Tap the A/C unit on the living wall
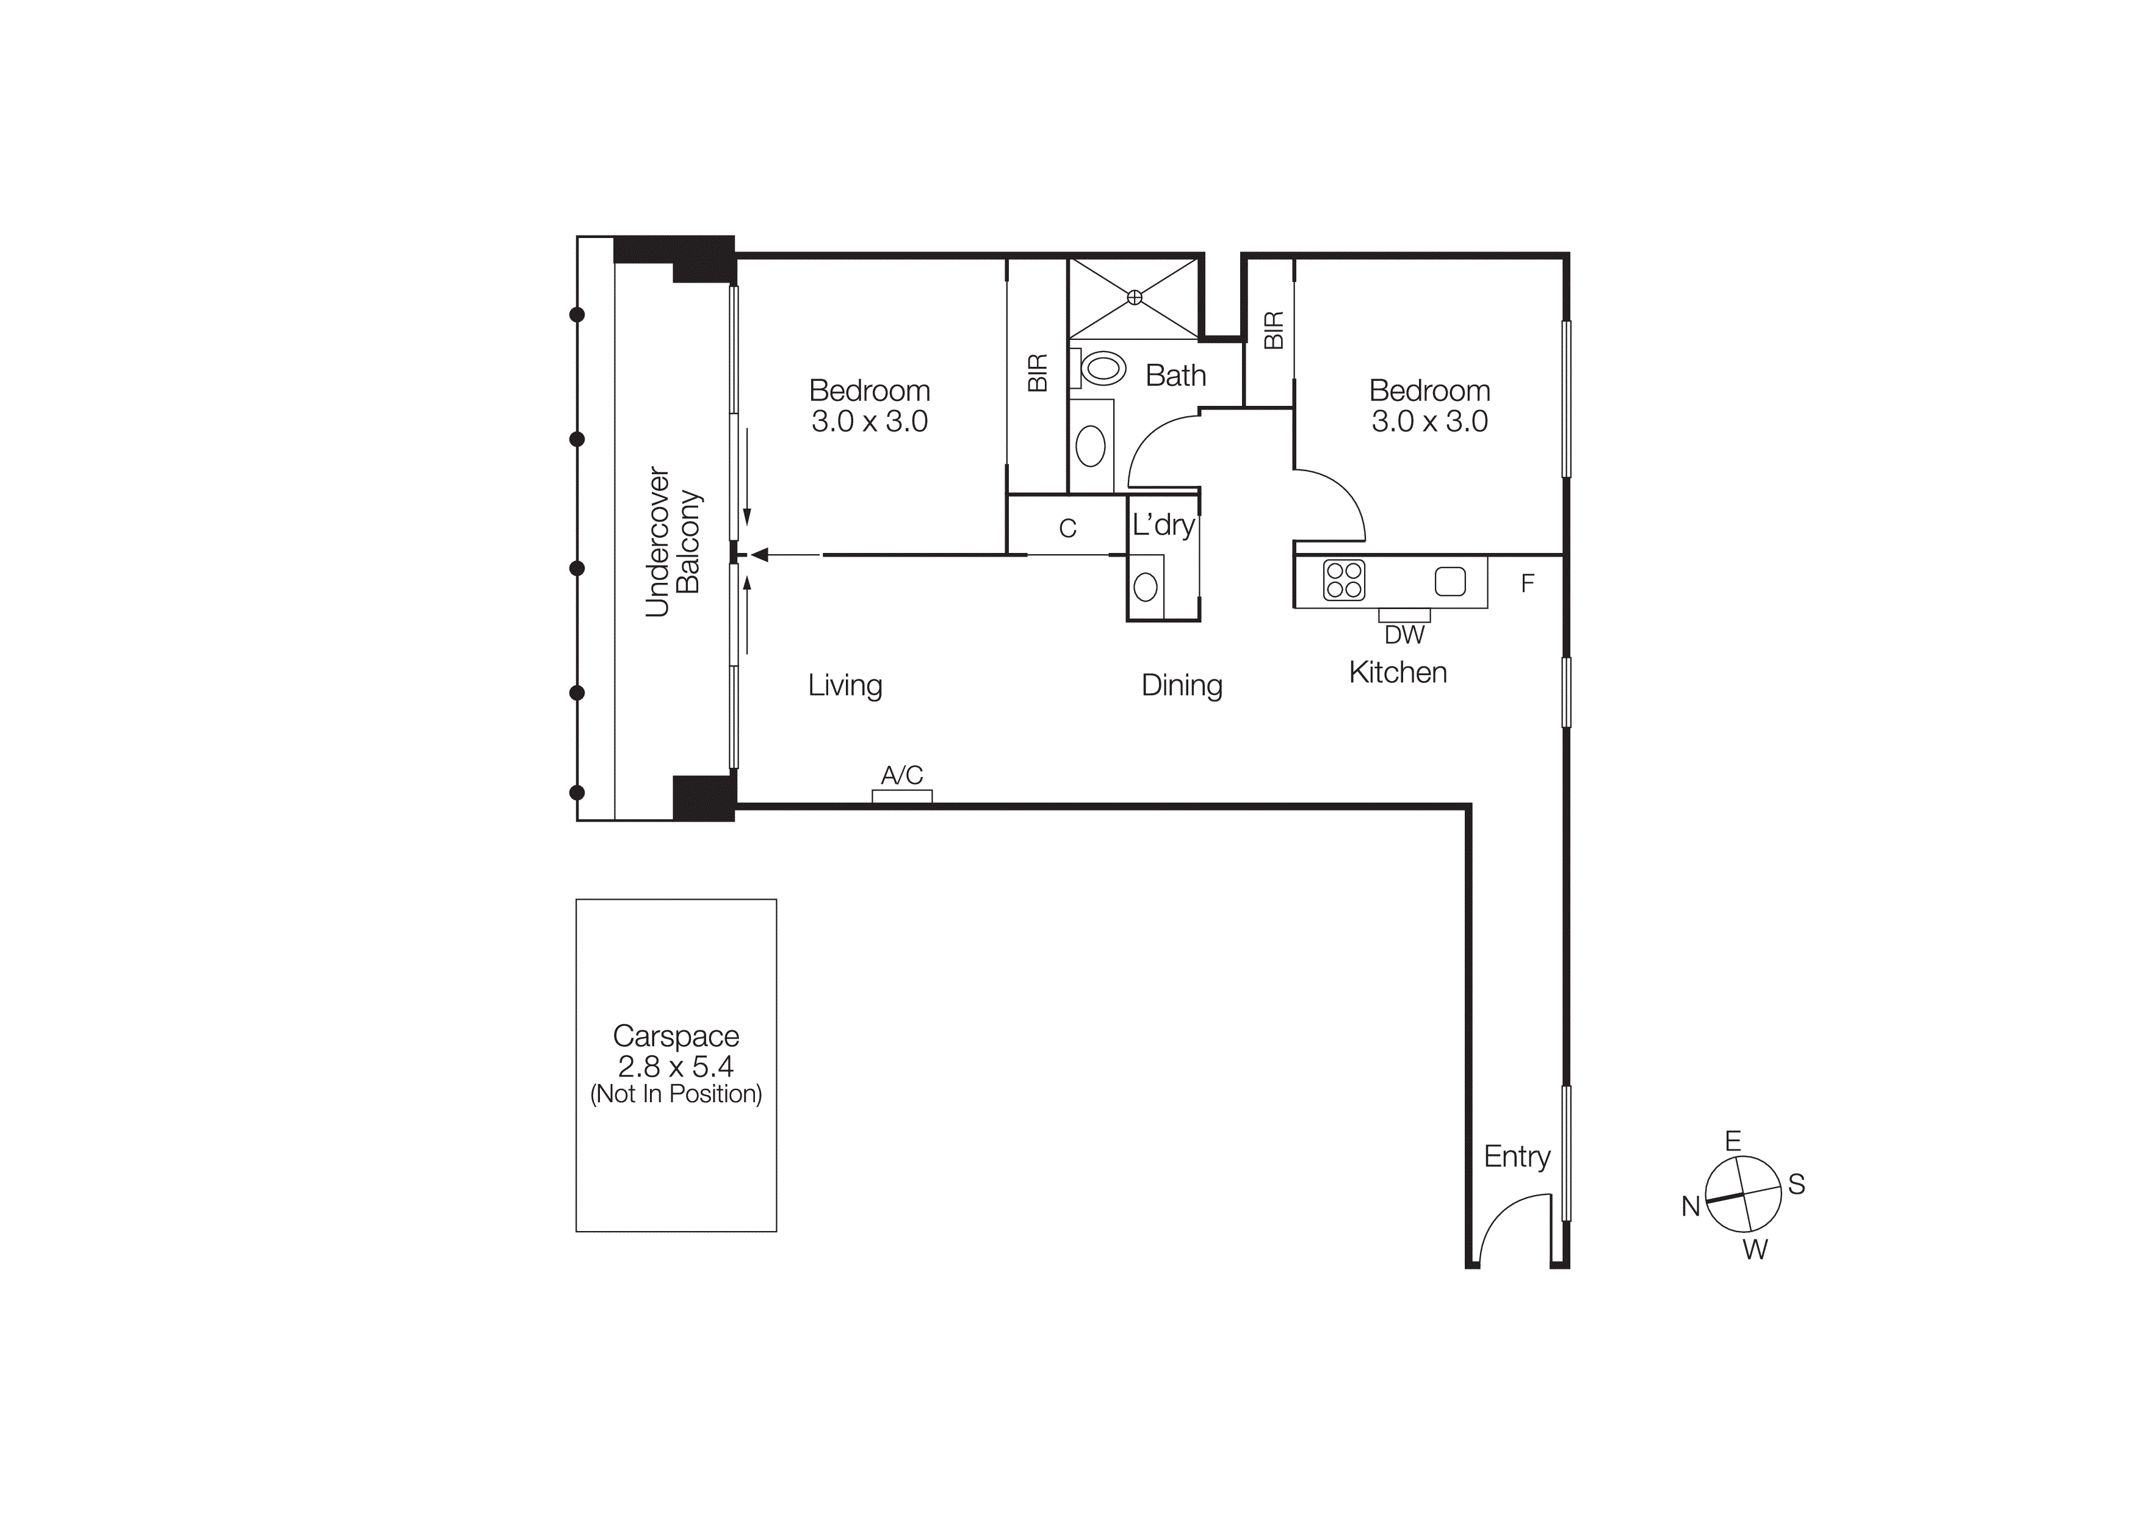[901, 795]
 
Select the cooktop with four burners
[1344, 580]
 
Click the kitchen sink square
[1449, 581]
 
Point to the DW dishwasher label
[1404, 635]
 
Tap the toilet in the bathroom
[1103, 368]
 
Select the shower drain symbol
[1134, 297]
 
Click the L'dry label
[1163, 525]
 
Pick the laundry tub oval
[1145, 587]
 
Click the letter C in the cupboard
[1067, 529]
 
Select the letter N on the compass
[1691, 1206]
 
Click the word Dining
[1182, 685]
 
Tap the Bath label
[1175, 376]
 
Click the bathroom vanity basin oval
[1090, 447]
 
